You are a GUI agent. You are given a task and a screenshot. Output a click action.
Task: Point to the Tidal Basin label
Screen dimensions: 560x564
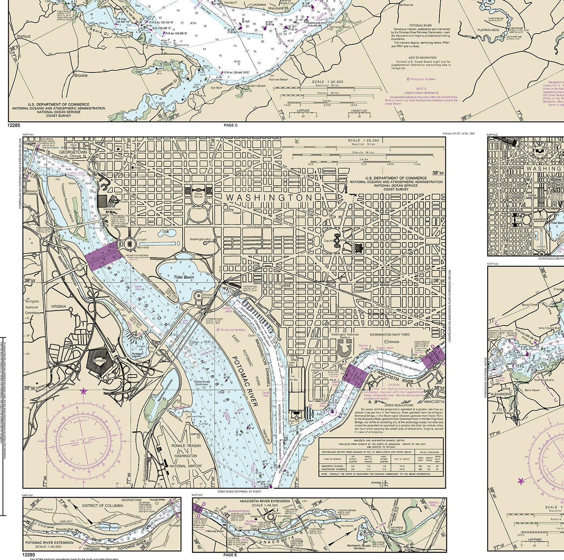(184, 277)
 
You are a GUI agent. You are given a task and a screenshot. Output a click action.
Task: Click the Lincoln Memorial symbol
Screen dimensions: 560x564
(130, 244)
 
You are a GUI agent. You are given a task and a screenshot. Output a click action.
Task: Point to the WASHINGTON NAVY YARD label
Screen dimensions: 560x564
(390, 335)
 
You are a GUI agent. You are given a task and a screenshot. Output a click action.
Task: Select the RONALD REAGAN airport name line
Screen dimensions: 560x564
(186, 446)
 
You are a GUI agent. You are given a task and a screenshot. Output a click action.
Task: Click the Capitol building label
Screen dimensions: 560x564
(328, 241)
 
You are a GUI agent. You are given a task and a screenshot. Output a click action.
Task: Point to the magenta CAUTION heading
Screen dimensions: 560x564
(393, 384)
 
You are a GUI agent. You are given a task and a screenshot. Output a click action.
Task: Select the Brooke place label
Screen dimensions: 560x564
(81, 75)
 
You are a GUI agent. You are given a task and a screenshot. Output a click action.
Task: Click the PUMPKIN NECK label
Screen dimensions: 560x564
(488, 30)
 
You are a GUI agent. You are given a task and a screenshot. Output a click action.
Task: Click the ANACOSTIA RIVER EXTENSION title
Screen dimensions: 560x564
(265, 501)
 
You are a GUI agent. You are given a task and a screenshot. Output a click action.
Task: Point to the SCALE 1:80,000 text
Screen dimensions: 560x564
(327, 82)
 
